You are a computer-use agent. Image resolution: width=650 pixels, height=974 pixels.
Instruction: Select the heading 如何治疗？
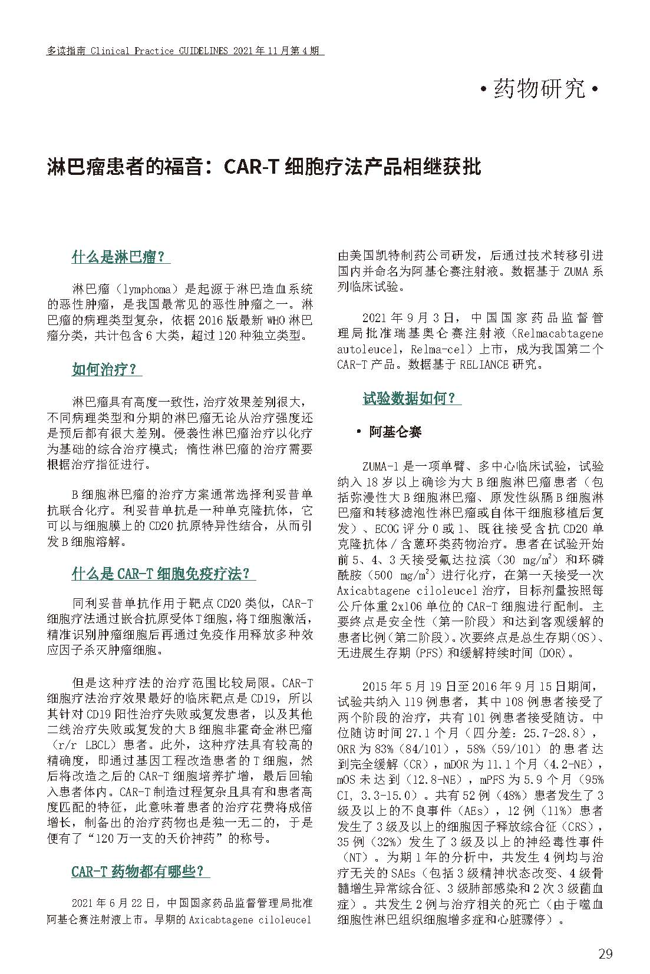click(106, 370)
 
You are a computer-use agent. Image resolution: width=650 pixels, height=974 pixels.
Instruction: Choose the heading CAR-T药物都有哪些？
click(140, 871)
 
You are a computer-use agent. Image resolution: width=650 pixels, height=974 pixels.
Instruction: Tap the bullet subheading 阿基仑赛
click(395, 432)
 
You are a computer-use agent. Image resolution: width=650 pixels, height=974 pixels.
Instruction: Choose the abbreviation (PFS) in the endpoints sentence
click(430, 653)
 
